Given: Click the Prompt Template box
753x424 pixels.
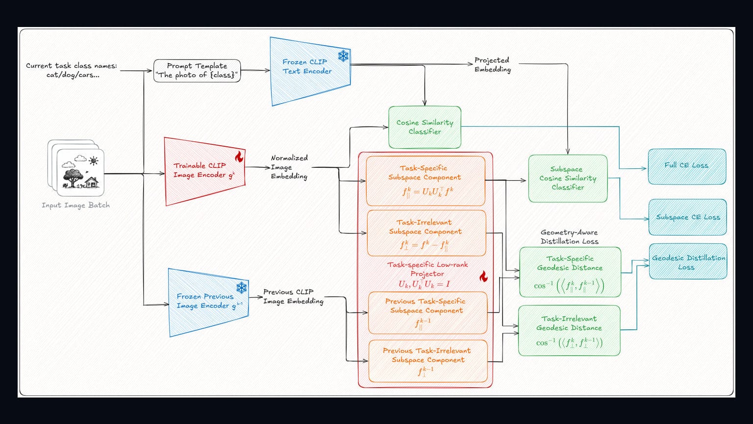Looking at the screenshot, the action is (x=197, y=71).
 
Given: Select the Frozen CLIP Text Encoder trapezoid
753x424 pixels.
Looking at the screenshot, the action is (x=310, y=71).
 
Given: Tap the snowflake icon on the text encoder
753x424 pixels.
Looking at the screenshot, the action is (x=343, y=56).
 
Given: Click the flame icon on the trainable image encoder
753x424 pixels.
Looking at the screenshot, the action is (x=239, y=157).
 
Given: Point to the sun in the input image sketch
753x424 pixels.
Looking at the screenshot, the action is (x=94, y=161).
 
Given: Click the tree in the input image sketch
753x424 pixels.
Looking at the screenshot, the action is (x=73, y=177).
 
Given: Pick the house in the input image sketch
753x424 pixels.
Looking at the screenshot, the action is (x=92, y=183).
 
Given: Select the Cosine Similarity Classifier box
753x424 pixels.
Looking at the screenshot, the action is (x=425, y=127).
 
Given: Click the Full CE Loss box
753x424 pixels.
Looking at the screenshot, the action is (x=687, y=166).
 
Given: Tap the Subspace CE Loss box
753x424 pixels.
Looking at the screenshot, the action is (x=687, y=217).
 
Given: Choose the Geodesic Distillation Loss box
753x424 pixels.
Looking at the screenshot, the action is (x=688, y=262).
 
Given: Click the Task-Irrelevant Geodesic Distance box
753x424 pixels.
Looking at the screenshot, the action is (x=569, y=330).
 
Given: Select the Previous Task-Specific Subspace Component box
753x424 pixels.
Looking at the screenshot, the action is (x=427, y=313).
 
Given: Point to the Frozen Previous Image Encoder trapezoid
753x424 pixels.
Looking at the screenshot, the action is (x=208, y=302).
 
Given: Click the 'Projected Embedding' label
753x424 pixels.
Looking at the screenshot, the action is (x=493, y=65).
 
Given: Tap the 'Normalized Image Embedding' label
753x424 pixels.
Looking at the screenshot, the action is (x=289, y=167).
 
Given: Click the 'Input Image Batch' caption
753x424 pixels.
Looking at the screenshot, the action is (x=75, y=205).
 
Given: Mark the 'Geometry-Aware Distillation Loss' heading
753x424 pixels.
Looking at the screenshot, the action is (x=569, y=237).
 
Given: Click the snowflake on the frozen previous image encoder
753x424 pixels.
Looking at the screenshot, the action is (x=241, y=288).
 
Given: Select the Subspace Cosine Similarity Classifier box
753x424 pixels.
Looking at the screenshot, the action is (x=568, y=178).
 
